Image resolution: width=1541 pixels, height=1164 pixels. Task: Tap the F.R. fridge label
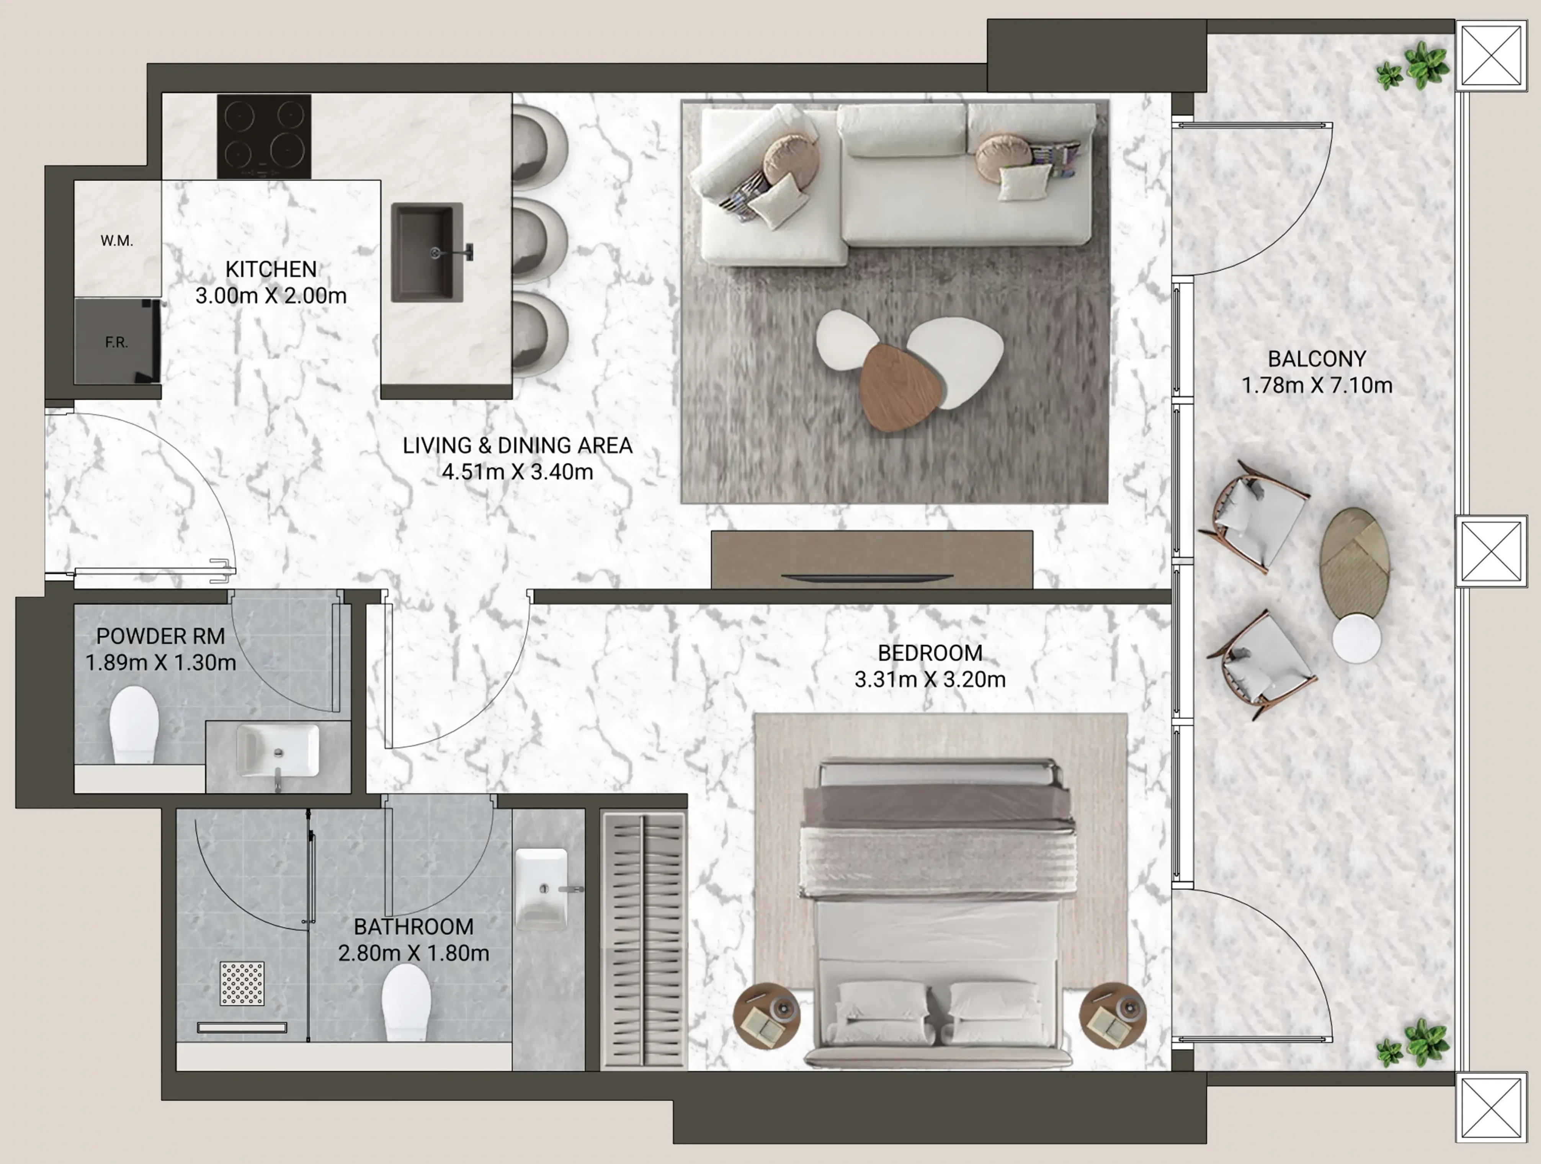(x=116, y=342)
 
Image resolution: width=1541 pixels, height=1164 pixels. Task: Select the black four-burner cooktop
(x=264, y=137)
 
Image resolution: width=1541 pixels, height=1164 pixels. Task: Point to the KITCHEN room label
(x=271, y=269)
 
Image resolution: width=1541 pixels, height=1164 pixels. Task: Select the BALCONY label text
(x=1317, y=359)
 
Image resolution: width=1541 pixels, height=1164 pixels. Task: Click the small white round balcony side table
(x=1356, y=638)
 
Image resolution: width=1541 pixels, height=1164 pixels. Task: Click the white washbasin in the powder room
(x=278, y=750)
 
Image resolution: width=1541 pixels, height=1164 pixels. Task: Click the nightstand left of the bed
(x=766, y=1015)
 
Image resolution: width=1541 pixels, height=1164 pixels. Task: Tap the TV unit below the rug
(x=871, y=559)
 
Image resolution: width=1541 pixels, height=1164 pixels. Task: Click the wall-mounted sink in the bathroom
(x=541, y=888)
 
